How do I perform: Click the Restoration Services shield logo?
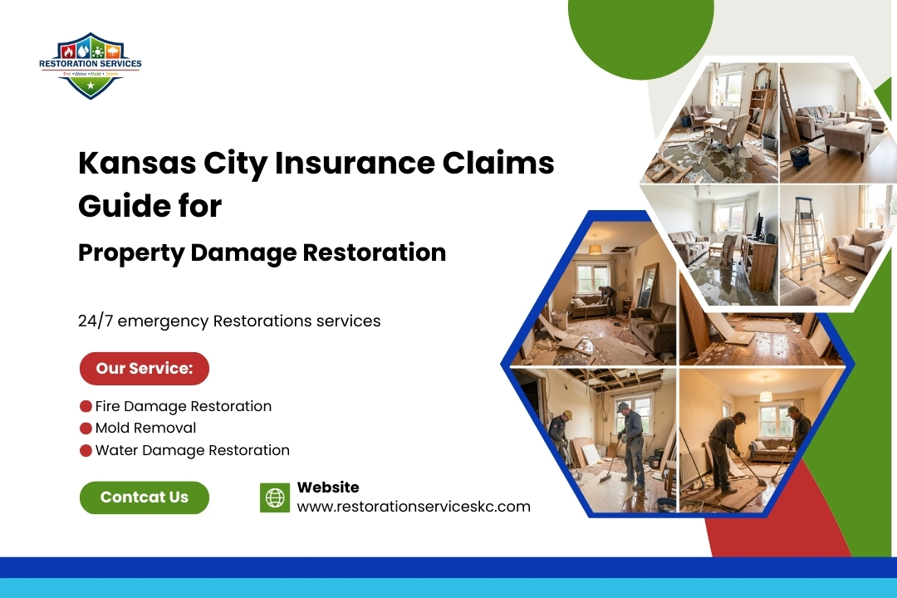click(x=90, y=66)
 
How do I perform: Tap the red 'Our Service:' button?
click(x=144, y=369)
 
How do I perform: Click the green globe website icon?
click(x=275, y=498)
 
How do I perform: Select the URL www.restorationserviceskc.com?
click(x=414, y=507)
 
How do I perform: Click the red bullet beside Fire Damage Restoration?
click(x=85, y=406)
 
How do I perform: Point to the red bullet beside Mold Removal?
click(x=85, y=429)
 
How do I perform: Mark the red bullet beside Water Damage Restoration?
click(x=85, y=451)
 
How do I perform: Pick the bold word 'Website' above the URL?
click(x=328, y=488)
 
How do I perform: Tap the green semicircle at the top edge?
click(x=640, y=29)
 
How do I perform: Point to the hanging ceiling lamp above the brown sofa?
click(x=595, y=247)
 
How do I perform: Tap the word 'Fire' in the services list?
click(x=108, y=406)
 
